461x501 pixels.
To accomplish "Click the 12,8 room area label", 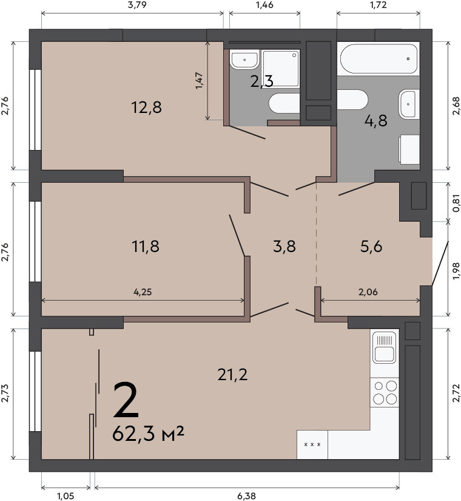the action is [x=146, y=107].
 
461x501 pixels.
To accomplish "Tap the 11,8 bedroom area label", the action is [x=145, y=247].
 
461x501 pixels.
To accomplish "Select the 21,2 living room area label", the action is [x=232, y=375].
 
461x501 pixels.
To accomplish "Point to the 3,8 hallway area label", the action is [x=284, y=247].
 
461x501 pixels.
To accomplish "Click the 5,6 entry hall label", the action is [x=371, y=247].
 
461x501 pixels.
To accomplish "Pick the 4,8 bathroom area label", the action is [x=375, y=121].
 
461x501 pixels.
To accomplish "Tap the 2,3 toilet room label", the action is [x=262, y=81].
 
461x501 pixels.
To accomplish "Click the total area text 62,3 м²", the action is [x=148, y=434].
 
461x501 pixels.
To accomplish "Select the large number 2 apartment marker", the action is [x=126, y=400].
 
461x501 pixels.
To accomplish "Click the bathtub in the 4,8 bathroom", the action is [x=379, y=59].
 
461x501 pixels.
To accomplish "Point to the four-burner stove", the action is [x=385, y=392].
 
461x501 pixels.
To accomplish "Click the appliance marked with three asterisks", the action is [x=312, y=445].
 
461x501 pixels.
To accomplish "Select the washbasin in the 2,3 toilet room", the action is [x=244, y=59].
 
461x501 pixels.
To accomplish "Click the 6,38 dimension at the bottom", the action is [x=246, y=496].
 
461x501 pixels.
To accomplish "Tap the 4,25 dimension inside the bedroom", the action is [x=143, y=292].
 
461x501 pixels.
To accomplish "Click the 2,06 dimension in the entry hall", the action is [x=368, y=292].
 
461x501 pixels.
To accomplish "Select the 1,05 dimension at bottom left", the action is [x=66, y=496].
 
